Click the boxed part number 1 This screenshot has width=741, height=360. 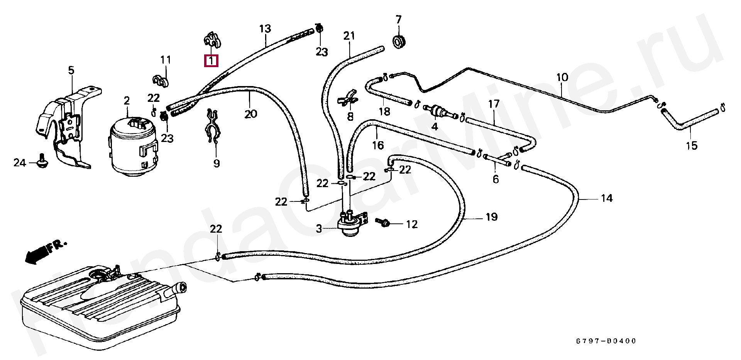(x=211, y=61)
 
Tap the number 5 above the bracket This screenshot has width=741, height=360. (x=71, y=71)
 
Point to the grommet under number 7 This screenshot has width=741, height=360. (x=399, y=42)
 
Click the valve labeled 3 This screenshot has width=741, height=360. (x=351, y=223)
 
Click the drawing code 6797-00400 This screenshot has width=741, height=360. (x=606, y=341)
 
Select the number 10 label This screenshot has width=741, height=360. (x=562, y=77)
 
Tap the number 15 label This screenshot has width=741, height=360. (x=692, y=145)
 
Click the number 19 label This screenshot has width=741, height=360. (x=491, y=217)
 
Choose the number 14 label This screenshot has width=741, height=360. (x=607, y=198)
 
